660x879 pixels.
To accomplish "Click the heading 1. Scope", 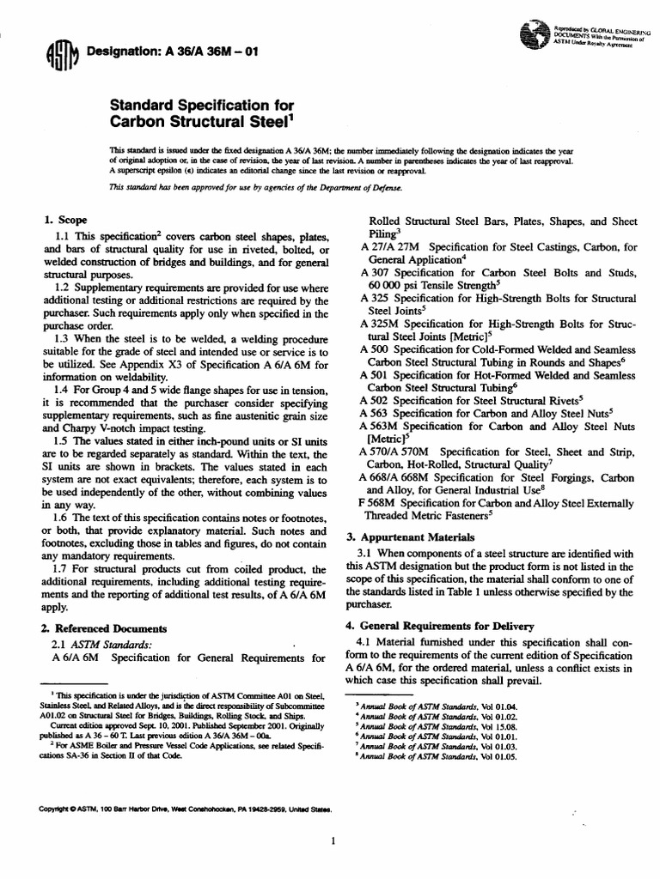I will (67, 219).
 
